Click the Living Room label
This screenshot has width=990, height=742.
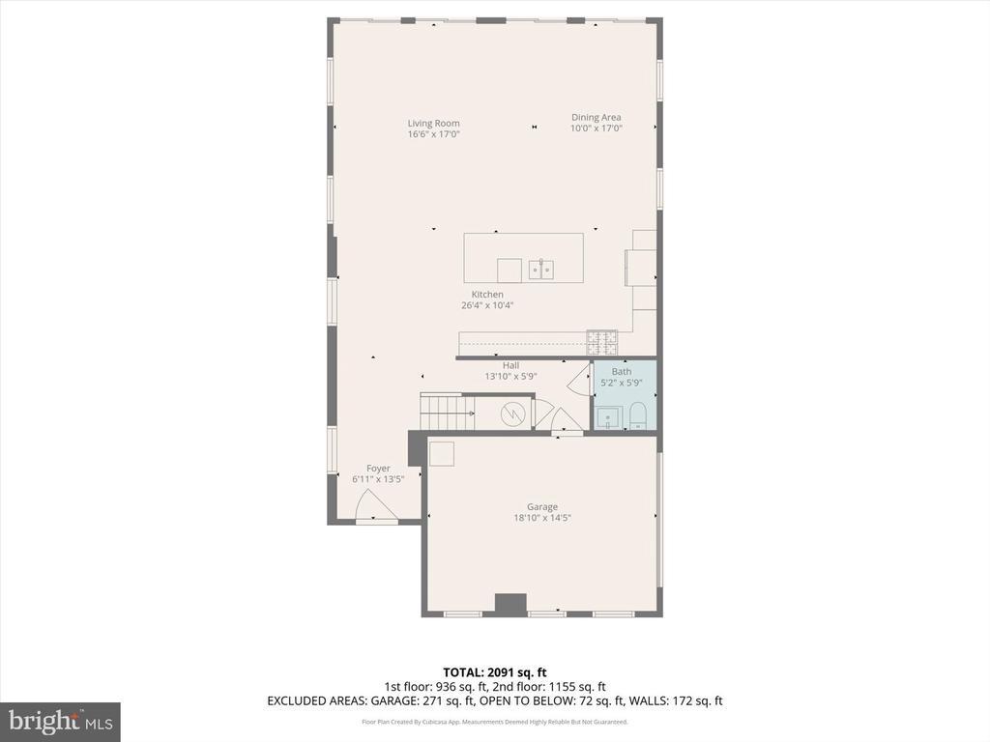click(433, 123)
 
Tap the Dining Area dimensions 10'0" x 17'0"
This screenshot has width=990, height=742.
click(596, 128)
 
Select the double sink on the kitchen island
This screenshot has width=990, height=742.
click(540, 269)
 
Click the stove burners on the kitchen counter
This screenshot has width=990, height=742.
click(601, 340)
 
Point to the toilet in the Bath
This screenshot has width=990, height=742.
click(638, 416)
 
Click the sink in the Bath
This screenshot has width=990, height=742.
click(607, 417)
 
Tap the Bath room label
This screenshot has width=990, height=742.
click(622, 371)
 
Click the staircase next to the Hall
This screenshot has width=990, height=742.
click(446, 412)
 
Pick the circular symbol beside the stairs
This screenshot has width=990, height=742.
click(511, 414)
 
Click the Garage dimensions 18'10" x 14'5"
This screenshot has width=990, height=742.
click(542, 518)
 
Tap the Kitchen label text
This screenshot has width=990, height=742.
click(487, 294)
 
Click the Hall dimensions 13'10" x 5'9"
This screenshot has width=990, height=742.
click(510, 377)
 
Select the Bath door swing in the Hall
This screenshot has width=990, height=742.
click(579, 381)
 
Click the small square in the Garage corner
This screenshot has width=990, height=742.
click(442, 453)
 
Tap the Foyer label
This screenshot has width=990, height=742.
click(378, 469)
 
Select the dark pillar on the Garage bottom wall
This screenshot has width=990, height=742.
click(510, 604)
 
